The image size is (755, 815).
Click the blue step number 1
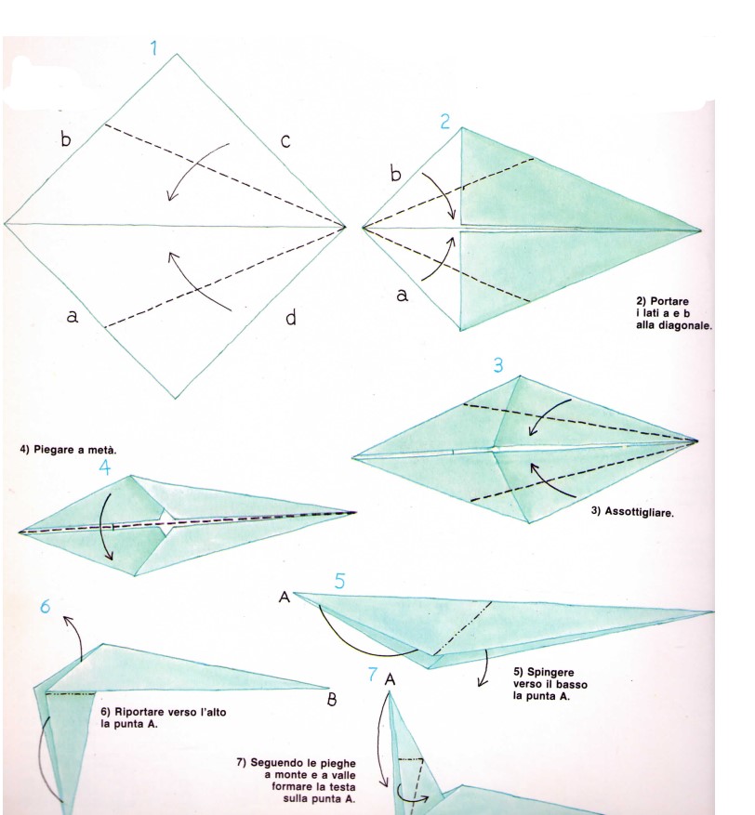(x=154, y=48)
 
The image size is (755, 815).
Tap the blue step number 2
(x=445, y=122)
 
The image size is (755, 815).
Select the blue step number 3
(x=498, y=365)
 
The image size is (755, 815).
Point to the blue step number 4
(x=104, y=467)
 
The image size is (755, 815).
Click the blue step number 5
(x=339, y=581)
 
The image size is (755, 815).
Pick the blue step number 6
(x=46, y=606)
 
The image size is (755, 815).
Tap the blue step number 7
(x=373, y=674)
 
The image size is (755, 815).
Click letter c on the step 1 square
(x=285, y=141)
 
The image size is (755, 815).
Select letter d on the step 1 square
(x=291, y=317)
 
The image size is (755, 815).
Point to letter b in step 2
(x=396, y=174)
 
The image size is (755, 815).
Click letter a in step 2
(x=403, y=296)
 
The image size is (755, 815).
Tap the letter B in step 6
(x=332, y=700)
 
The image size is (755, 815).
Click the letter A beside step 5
(x=284, y=598)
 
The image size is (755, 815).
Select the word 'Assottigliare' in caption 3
(x=639, y=512)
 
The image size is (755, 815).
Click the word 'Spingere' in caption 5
(x=550, y=673)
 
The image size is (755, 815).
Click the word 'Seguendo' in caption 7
(x=276, y=763)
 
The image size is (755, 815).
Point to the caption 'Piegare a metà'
(x=68, y=450)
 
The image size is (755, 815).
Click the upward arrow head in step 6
(x=67, y=619)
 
